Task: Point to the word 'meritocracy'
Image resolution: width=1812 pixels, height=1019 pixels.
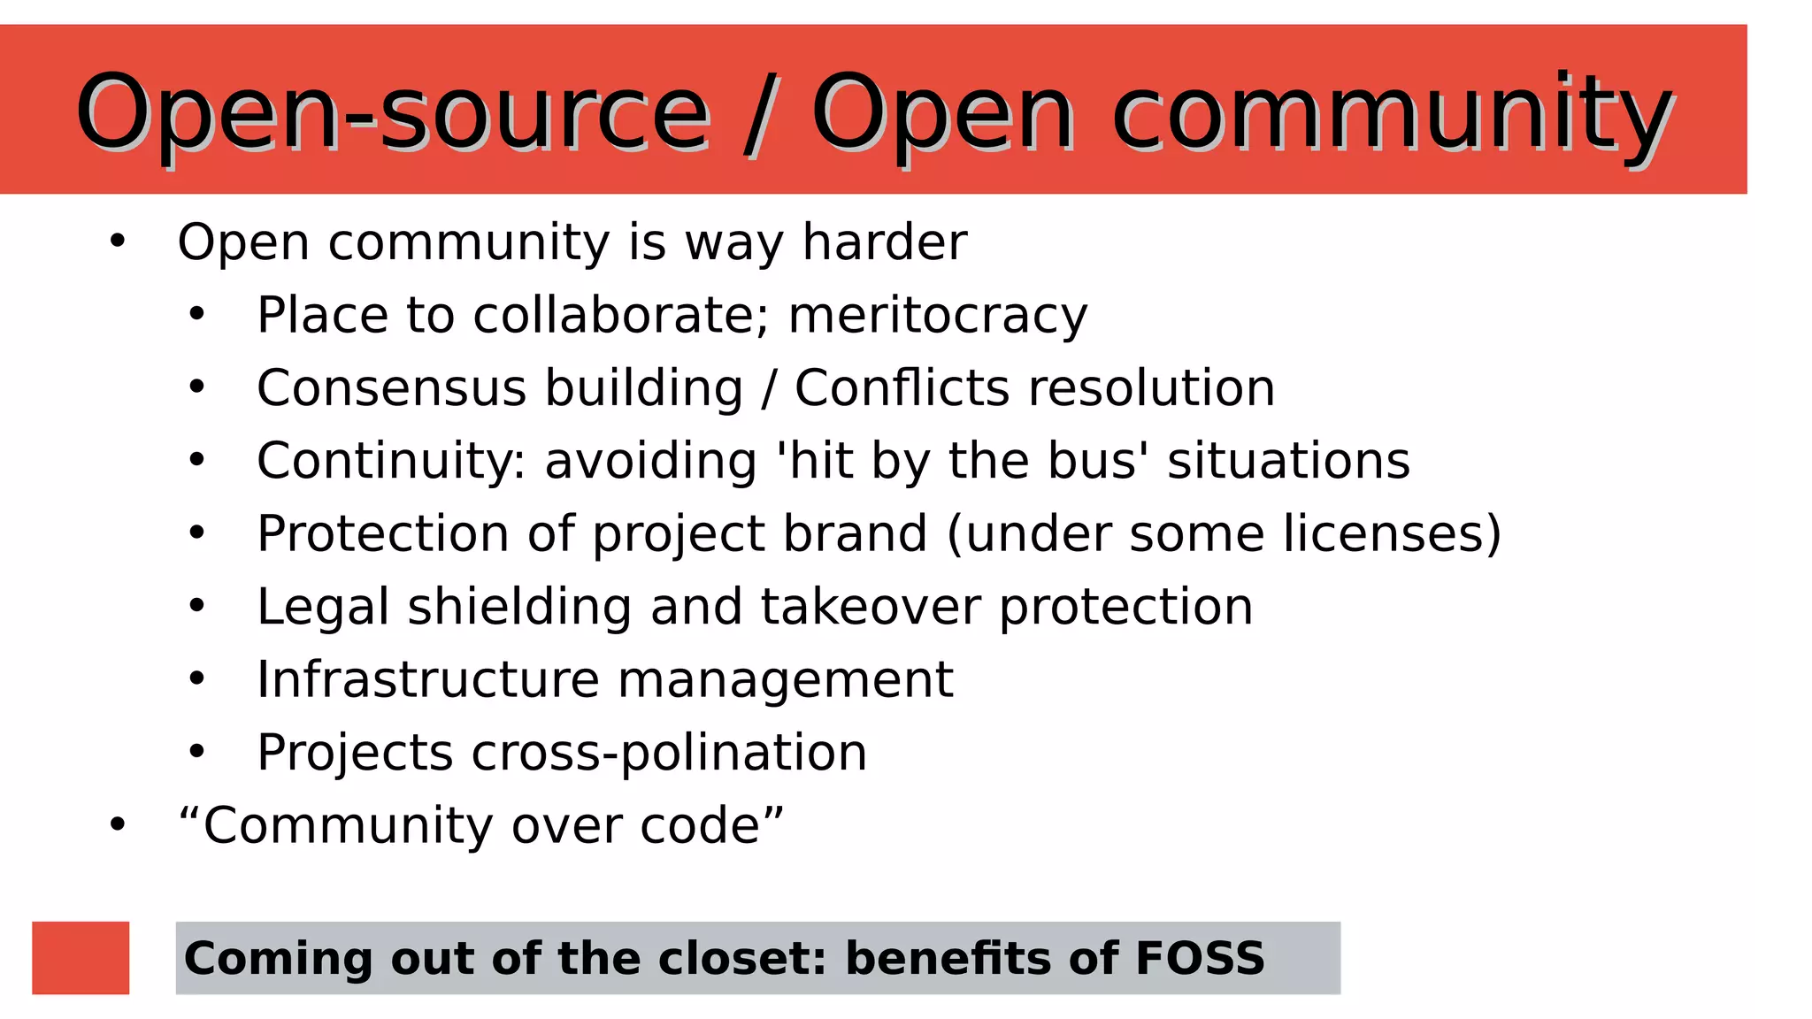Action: point(937,316)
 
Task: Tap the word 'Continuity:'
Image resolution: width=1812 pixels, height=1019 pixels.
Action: point(391,461)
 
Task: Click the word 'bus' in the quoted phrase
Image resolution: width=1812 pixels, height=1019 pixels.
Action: point(1097,461)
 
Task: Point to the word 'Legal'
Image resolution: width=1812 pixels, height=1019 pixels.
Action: point(323,607)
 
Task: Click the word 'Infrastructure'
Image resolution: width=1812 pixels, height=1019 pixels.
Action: point(428,679)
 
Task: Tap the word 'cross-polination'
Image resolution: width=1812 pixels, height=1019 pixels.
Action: point(669,753)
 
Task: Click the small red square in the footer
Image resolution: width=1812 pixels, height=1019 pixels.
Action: point(81,957)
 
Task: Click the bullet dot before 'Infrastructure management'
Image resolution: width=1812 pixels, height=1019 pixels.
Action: point(196,679)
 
